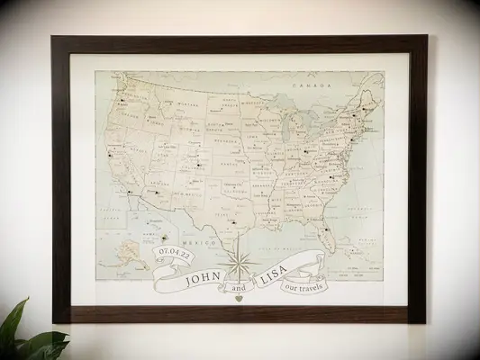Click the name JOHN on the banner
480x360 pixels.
click(205, 278)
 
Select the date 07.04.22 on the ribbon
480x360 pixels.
click(174, 256)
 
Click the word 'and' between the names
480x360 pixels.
click(238, 288)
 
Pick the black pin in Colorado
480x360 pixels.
click(196, 165)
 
